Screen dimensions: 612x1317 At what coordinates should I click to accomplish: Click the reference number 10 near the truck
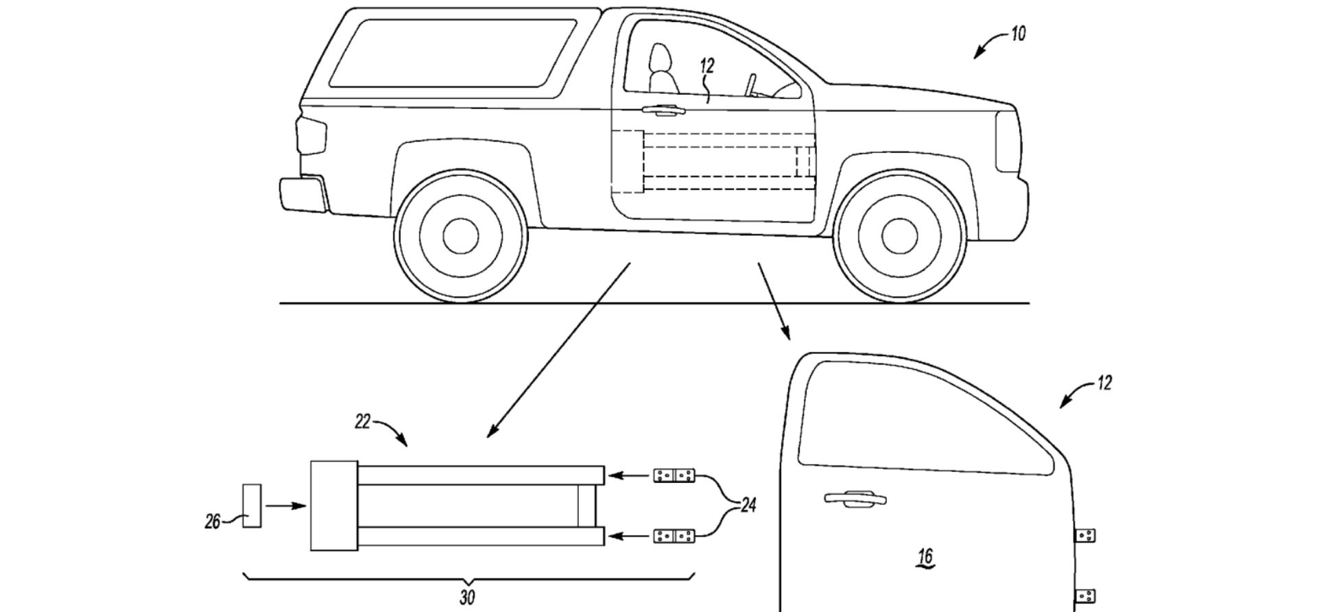1018,34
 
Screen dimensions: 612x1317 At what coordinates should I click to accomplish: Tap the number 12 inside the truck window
707,66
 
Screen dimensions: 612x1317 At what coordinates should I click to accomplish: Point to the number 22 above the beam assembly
362,421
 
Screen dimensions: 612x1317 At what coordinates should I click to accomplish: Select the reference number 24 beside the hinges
748,506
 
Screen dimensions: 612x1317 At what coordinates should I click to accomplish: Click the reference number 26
213,522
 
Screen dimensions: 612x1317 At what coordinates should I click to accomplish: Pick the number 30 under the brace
466,598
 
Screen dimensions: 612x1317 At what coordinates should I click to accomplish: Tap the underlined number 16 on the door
925,557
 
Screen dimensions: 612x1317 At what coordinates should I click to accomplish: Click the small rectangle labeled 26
252,506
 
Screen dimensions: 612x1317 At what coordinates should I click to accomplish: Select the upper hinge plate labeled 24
674,475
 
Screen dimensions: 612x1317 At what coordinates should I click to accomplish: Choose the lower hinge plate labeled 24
674,535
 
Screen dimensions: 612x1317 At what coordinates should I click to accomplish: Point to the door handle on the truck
662,109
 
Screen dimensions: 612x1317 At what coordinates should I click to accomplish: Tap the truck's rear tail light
311,136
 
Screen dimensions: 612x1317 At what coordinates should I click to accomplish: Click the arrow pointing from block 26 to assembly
285,506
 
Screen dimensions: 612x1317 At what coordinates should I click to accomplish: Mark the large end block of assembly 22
334,506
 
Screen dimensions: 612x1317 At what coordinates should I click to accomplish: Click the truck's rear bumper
302,193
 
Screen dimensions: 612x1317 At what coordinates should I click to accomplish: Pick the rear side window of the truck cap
453,54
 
